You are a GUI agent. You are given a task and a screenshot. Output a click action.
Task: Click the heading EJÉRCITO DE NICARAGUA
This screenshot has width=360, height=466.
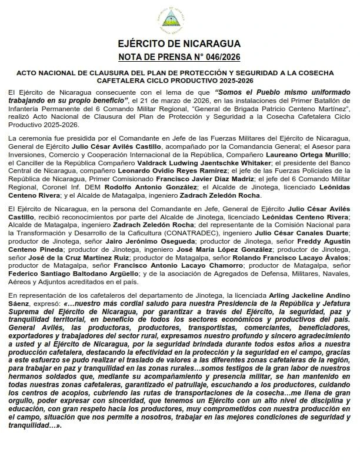click(x=179, y=44)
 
